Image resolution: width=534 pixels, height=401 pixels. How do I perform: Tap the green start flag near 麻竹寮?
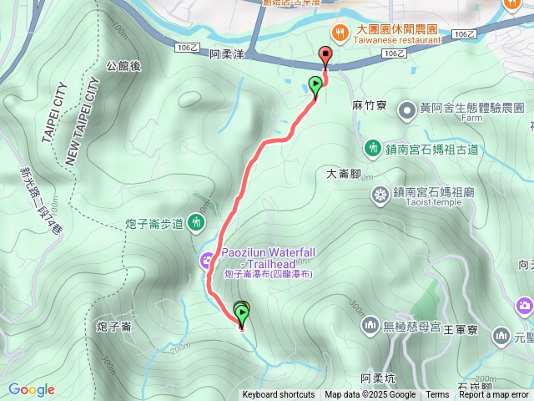(315, 84)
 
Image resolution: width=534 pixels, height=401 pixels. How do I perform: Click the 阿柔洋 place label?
(226, 54)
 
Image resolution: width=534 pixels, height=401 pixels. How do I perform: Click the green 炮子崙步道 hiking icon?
(195, 222)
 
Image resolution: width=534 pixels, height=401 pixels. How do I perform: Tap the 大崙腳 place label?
(342, 174)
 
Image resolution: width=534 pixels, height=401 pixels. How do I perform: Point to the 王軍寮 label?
(460, 330)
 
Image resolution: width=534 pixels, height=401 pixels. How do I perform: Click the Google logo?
(32, 389)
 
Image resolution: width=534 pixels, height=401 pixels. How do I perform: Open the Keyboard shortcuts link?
(279, 395)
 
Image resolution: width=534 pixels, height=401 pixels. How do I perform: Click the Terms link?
(437, 395)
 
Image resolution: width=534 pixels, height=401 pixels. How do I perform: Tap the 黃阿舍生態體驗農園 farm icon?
(407, 109)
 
